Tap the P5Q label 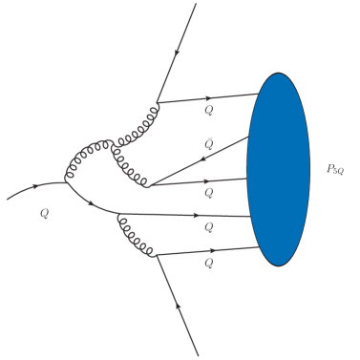tap(335, 169)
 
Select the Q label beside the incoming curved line tap(44, 214)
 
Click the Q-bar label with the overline tap(208, 143)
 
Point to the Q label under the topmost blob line tap(208, 111)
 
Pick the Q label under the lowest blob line tap(208, 263)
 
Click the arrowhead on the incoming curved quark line tap(37, 186)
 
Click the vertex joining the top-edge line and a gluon tap(158, 101)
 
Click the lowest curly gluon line tap(135, 238)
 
